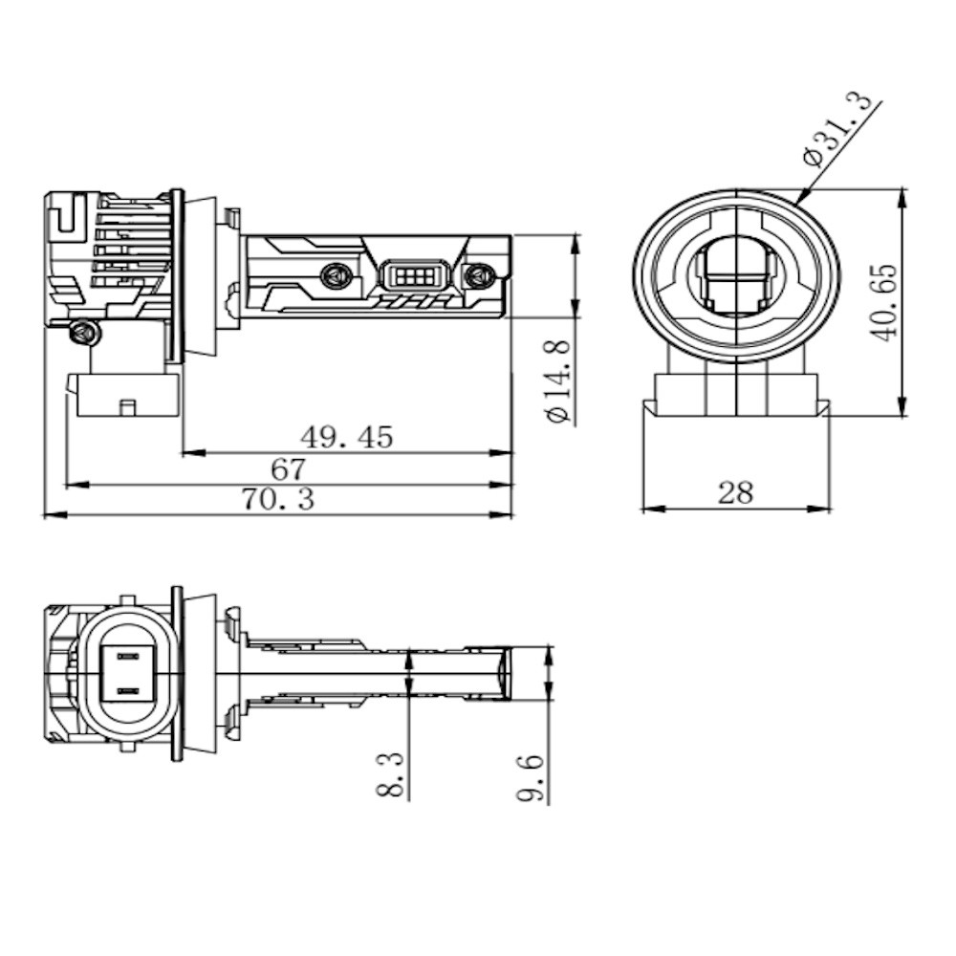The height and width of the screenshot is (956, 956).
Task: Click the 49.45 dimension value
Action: (x=347, y=437)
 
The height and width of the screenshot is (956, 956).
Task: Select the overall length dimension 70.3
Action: (x=277, y=500)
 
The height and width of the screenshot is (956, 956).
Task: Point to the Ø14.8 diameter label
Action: (x=559, y=380)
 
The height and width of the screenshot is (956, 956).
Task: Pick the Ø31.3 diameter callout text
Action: (x=840, y=132)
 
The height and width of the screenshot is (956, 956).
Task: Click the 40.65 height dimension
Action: (x=884, y=302)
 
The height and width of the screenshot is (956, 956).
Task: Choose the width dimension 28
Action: (x=735, y=493)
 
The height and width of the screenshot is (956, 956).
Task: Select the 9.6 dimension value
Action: (x=533, y=778)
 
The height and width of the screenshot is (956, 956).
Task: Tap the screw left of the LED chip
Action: (x=335, y=274)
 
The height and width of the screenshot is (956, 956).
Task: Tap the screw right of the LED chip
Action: (x=479, y=275)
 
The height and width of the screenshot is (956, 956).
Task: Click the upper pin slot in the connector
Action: (x=127, y=656)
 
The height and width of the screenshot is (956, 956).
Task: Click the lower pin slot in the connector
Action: (x=127, y=690)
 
